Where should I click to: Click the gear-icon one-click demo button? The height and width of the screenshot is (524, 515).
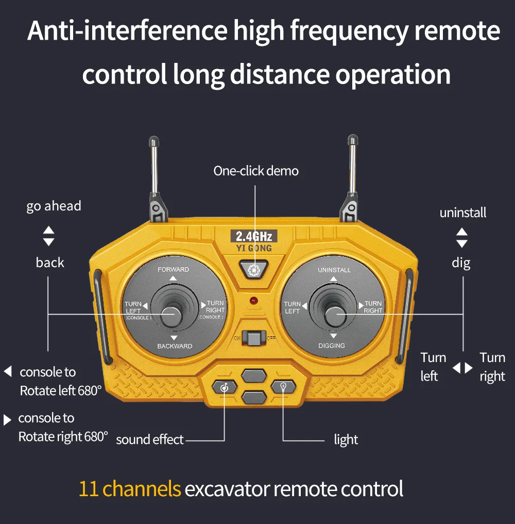253,269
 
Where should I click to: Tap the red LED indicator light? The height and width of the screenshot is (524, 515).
253,300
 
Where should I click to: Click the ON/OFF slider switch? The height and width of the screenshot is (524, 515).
253,339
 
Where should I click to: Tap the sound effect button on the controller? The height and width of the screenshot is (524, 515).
225,387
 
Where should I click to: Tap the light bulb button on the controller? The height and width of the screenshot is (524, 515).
283,386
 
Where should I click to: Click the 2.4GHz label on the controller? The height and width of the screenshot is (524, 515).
253,237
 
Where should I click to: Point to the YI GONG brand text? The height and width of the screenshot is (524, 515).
253,248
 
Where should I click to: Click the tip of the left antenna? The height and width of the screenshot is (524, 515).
153,140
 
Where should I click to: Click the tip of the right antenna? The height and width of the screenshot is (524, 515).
353,140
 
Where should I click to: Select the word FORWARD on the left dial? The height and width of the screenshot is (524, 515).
173,270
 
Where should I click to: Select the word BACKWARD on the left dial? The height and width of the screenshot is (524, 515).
175,346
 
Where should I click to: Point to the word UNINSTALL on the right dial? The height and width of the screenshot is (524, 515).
334,270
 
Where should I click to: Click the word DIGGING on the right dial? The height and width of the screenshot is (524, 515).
332,346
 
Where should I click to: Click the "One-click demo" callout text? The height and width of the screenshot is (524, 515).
256,171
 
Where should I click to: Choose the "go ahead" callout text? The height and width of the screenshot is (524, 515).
54,206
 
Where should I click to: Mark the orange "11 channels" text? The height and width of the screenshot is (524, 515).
130,488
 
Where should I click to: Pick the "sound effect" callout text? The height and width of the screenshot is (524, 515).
149,439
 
